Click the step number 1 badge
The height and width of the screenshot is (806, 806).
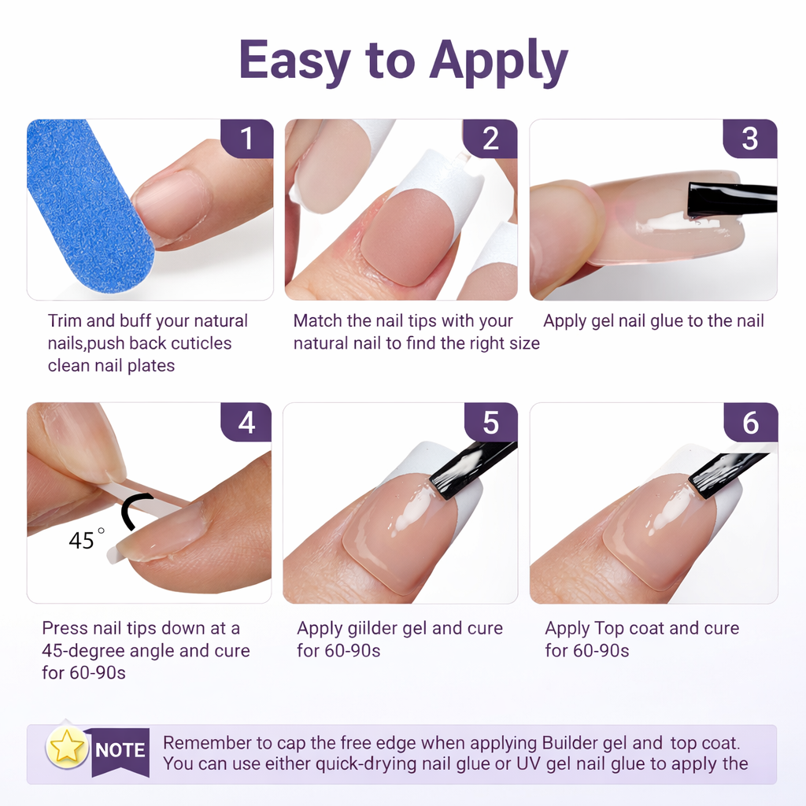247,139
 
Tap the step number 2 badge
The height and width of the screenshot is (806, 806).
490,139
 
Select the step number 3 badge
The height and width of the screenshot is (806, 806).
750,139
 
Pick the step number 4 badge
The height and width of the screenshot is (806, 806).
247,423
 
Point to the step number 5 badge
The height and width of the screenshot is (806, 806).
490,423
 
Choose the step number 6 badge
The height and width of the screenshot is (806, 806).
750,423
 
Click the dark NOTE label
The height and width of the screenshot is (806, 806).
120,750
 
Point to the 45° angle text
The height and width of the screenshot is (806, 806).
86,541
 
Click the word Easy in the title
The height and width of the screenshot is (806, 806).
294,61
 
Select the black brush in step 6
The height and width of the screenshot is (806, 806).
725,472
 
